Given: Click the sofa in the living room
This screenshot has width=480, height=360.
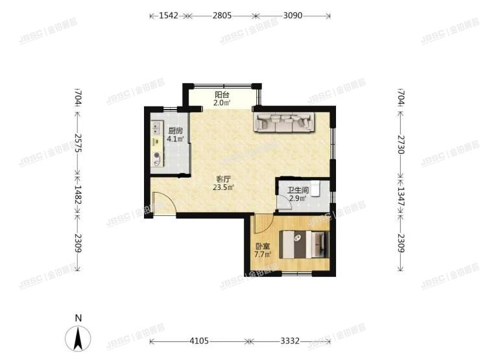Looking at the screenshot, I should point(283,121).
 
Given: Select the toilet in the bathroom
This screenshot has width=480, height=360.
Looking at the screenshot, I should point(315,187).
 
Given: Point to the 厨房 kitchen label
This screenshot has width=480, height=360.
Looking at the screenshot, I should point(174,130).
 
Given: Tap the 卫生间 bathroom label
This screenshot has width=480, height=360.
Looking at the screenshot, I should point(298,190).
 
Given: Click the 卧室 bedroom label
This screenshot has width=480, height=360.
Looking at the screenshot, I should point(262,246).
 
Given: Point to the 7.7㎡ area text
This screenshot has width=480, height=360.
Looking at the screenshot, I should point(262,255).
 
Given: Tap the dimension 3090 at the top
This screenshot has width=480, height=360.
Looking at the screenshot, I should point(293,14).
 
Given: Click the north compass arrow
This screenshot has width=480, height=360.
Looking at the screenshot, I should point(78,338).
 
